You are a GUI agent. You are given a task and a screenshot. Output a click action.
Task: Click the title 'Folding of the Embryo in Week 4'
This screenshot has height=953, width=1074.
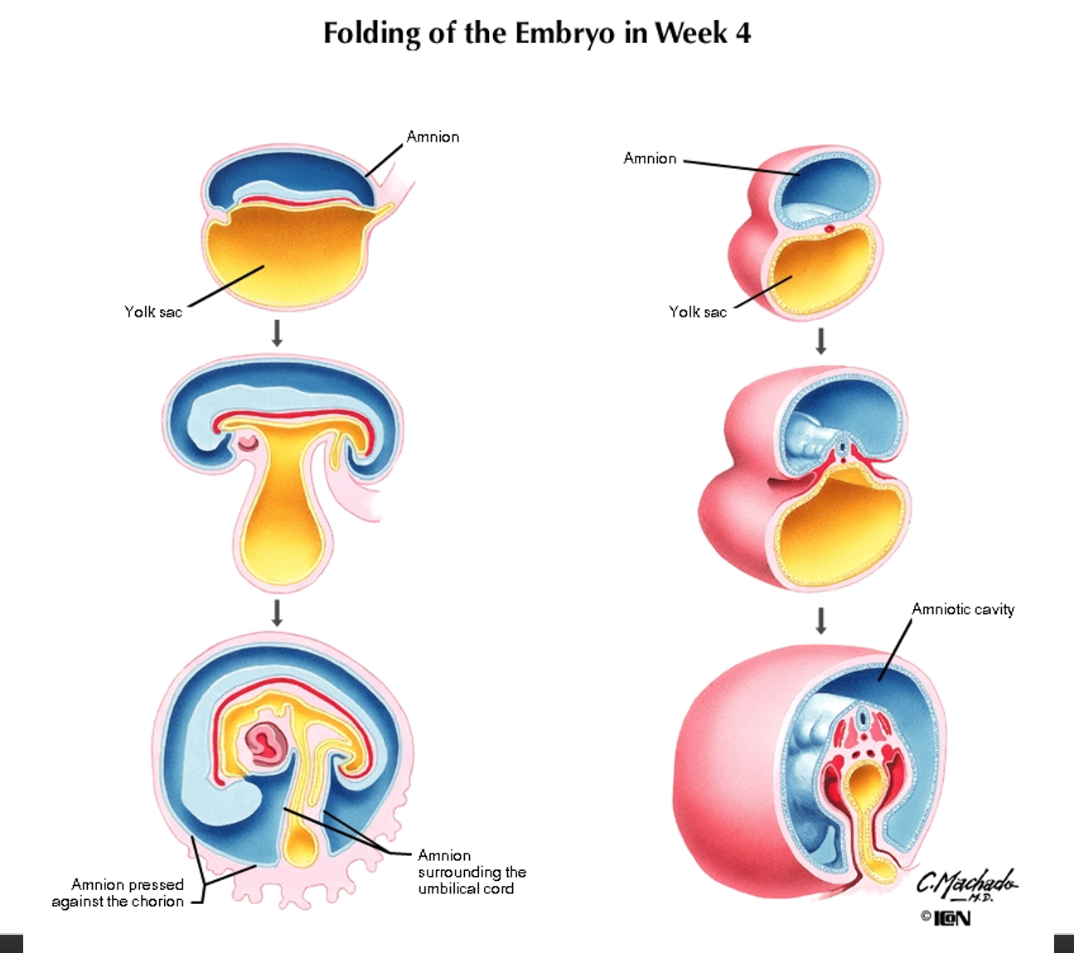537,34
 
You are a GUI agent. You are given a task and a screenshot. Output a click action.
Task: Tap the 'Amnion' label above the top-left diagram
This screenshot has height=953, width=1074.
433,137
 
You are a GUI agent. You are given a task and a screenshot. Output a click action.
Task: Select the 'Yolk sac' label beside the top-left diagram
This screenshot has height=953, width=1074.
153,312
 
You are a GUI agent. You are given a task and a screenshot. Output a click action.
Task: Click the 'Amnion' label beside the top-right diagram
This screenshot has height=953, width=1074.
650,158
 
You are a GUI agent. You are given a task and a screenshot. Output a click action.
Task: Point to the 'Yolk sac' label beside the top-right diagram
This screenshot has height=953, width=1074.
698,312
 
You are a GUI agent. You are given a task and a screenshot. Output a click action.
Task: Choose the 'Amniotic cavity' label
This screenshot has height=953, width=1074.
963,609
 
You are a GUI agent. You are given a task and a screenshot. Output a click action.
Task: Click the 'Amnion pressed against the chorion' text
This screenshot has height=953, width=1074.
119,893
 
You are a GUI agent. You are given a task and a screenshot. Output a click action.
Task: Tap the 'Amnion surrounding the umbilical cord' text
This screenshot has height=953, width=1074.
472,872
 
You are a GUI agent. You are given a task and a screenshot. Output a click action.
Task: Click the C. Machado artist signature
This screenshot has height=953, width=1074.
966,884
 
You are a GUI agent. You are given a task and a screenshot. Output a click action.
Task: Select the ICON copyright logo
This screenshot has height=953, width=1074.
946,918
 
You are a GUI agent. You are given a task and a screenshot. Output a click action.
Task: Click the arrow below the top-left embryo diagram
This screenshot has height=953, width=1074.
278,333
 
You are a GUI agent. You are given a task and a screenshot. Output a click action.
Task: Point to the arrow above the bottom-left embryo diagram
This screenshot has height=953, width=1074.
278,613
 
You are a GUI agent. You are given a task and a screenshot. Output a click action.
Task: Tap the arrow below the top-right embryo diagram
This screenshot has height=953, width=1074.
821,341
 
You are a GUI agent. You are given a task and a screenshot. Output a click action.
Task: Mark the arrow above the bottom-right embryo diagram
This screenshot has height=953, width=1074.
821,621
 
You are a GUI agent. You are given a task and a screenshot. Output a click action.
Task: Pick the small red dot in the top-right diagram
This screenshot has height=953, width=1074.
829,228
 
